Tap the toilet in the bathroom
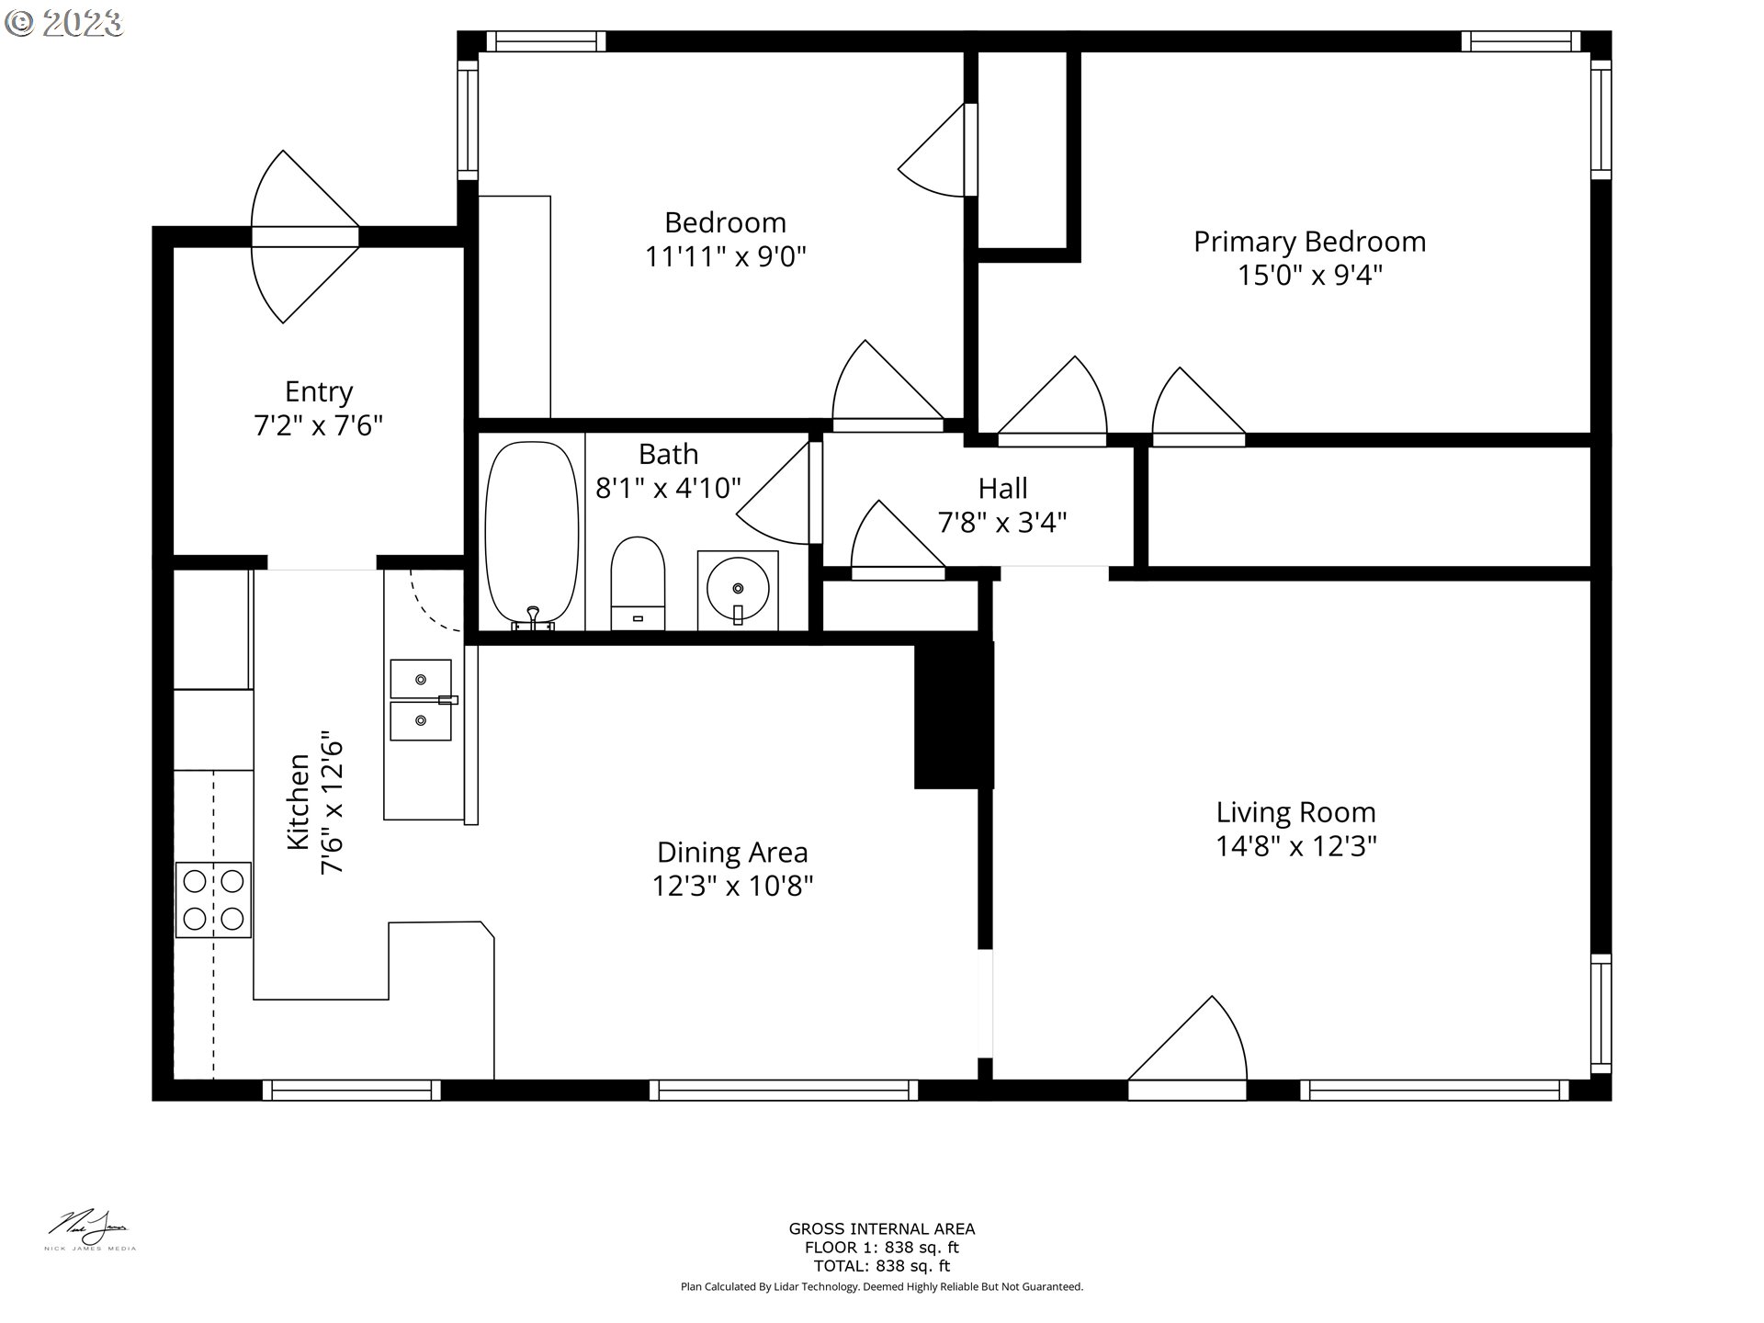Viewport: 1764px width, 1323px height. (x=638, y=582)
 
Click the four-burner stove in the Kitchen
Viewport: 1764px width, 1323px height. (x=213, y=899)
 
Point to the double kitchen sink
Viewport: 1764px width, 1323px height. (x=421, y=699)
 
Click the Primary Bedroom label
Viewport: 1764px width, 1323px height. (x=1309, y=242)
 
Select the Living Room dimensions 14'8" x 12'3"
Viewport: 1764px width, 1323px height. (x=1295, y=846)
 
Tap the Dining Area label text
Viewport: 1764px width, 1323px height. (x=732, y=853)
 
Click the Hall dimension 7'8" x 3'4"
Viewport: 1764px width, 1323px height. (x=1002, y=523)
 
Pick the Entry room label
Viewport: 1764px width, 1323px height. (x=319, y=392)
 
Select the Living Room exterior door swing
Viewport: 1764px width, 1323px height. (x=1194, y=1043)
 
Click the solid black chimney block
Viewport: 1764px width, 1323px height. (x=954, y=715)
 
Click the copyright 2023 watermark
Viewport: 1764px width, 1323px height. (x=63, y=23)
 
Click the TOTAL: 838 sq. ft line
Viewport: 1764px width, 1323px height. (x=881, y=1266)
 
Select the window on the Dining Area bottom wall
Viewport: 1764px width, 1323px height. (x=784, y=1091)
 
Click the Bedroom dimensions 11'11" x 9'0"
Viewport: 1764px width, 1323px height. (x=725, y=256)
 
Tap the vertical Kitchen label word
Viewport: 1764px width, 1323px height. (x=299, y=801)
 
